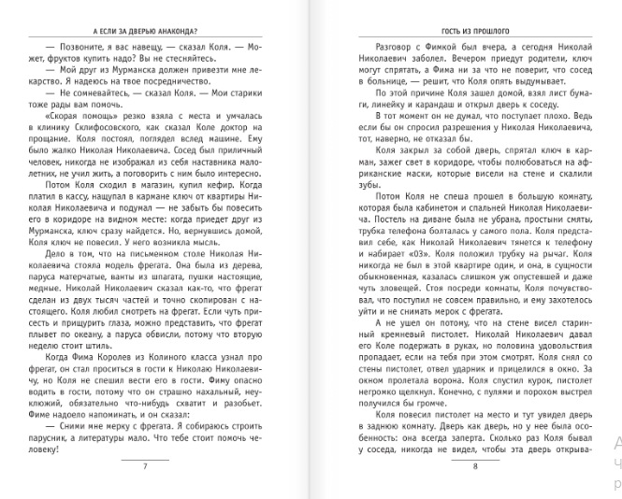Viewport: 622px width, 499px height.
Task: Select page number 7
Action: [x=145, y=466]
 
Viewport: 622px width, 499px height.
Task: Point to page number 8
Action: [x=474, y=466]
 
